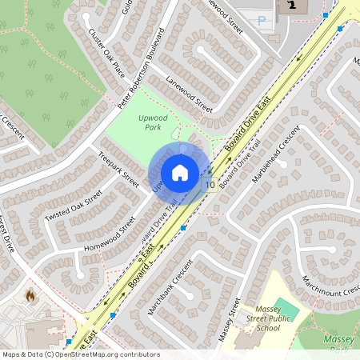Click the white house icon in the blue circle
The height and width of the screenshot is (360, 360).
pos(180,173)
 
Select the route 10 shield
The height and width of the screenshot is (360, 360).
pos(210,185)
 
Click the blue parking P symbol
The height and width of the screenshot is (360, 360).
pos(262,22)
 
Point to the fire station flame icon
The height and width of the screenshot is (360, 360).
pos(30,295)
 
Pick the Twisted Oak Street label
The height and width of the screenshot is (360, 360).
pos(74,208)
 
